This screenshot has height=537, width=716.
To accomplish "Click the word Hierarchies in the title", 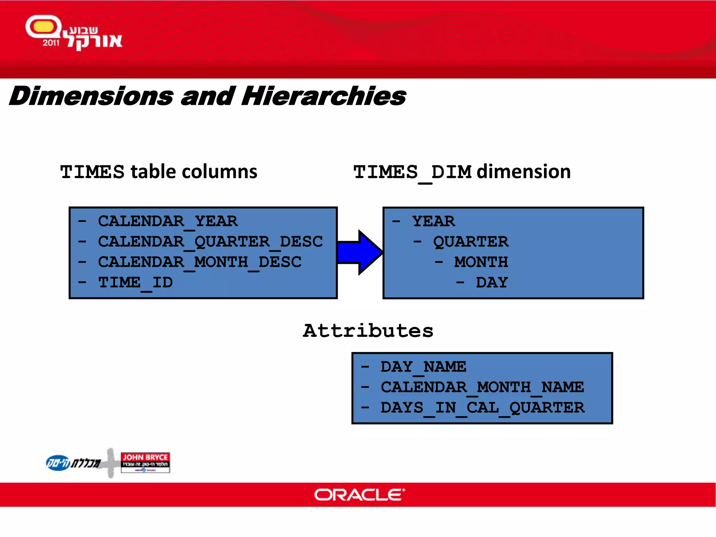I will [x=323, y=96].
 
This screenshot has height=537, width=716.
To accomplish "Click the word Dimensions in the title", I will [x=92, y=96].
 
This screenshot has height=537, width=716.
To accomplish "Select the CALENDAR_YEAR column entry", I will [x=167, y=221].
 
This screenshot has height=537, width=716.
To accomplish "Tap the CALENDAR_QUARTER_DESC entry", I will [x=210, y=242].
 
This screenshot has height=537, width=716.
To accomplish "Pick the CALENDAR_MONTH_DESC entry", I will [x=199, y=262].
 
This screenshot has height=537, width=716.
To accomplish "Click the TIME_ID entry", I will [x=135, y=282].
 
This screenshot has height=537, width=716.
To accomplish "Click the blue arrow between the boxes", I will [x=360, y=252].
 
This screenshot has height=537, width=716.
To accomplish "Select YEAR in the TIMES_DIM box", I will [x=434, y=221].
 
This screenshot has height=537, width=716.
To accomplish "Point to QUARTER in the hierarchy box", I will [x=471, y=242].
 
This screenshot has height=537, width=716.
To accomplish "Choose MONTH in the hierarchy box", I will [x=481, y=262].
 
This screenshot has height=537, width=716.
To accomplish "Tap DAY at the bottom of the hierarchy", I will [x=492, y=282].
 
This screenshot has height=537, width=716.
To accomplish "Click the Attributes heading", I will [x=368, y=331].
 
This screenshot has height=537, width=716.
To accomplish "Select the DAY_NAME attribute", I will [x=423, y=367].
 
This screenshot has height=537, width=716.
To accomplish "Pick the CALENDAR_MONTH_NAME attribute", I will [x=482, y=387].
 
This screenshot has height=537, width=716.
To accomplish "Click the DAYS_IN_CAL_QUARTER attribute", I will [x=482, y=408].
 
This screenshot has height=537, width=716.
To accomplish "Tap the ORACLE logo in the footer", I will [x=359, y=495].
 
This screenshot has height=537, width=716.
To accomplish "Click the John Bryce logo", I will [x=145, y=462].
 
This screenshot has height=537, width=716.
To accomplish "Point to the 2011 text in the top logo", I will [x=51, y=43].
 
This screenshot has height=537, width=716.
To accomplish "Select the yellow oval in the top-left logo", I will [x=43, y=27].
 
